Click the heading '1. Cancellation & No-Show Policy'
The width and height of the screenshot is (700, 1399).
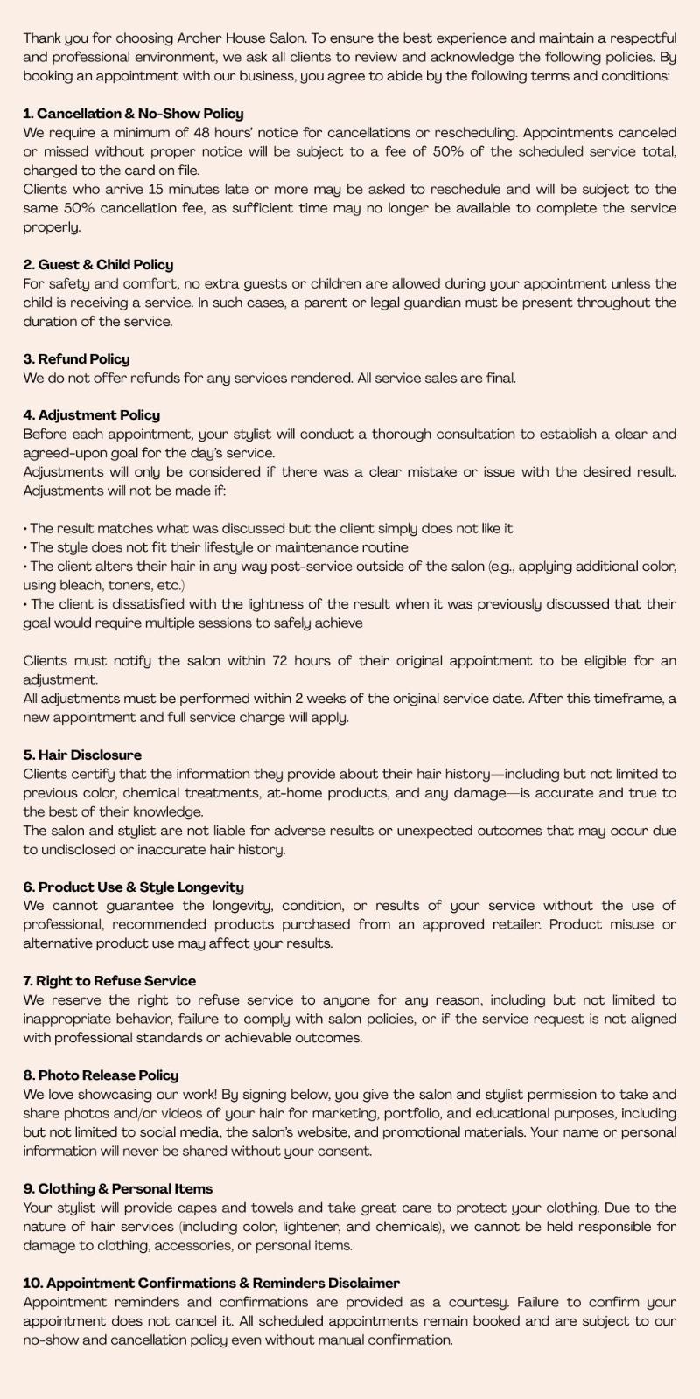(133, 114)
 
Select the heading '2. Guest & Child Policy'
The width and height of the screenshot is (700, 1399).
(98, 265)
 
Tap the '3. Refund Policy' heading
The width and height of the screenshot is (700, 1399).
(76, 359)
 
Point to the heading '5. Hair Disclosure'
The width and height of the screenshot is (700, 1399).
(82, 755)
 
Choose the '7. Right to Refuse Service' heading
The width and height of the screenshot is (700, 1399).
(109, 981)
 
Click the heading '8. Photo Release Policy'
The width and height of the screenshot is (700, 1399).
(101, 1075)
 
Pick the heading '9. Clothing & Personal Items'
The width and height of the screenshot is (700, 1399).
(118, 1189)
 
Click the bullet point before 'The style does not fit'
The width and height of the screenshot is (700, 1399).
(25, 548)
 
